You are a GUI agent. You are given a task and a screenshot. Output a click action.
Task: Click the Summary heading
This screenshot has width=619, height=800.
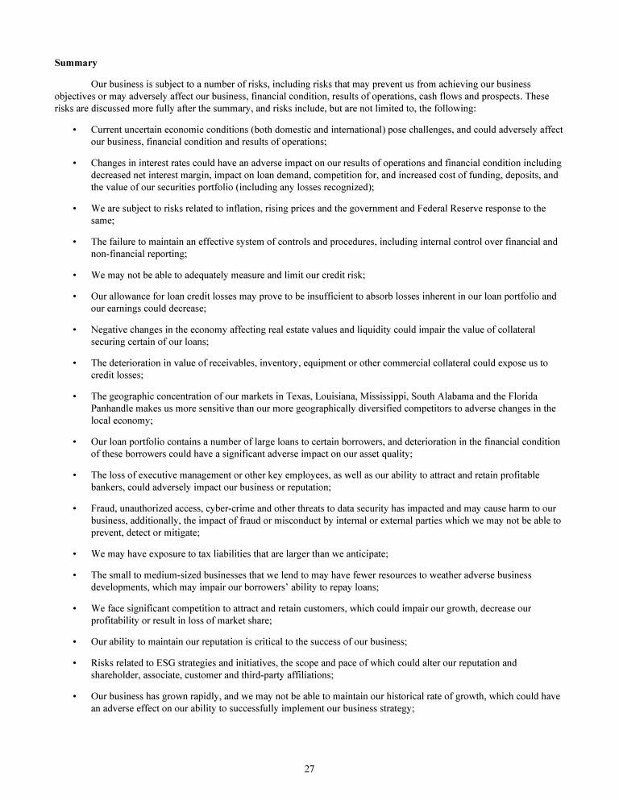[x=76, y=62]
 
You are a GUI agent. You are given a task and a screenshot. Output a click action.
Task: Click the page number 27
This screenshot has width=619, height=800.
[x=309, y=768]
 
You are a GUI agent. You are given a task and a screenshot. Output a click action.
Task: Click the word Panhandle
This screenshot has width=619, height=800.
[x=113, y=408]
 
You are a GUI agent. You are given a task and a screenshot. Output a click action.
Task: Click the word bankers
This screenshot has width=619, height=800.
[x=108, y=487]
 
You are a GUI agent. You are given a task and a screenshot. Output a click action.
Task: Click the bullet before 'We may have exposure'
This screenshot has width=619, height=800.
[x=74, y=553]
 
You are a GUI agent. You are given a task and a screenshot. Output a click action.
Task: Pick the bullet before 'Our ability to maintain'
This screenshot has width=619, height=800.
[x=74, y=642]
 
